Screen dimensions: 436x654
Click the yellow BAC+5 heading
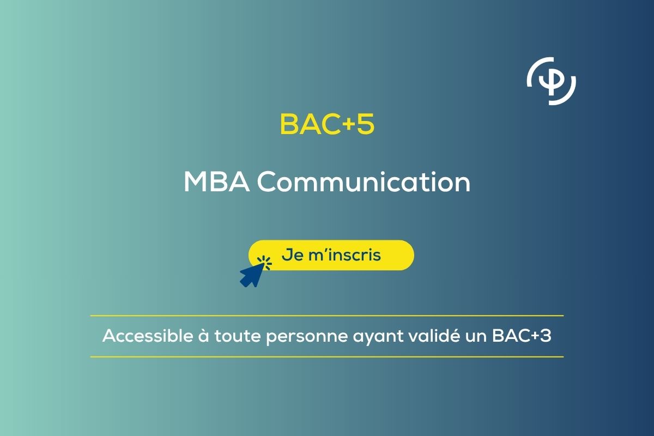327,125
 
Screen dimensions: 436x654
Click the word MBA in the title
216,182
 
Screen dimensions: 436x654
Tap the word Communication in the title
364,182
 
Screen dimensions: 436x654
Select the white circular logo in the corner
552,80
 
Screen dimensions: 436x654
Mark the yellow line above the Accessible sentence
327,316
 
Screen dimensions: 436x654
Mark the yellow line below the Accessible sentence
327,357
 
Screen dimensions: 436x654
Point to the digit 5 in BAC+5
366,125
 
